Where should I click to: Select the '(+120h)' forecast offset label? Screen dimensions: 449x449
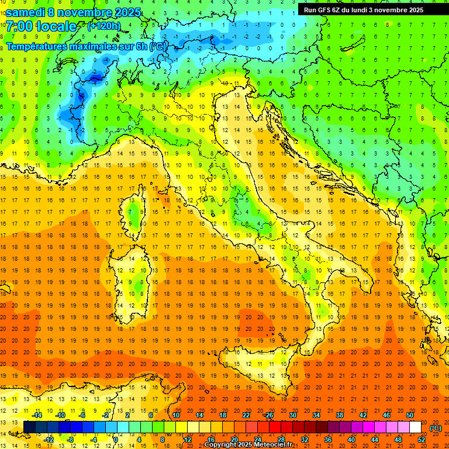tap(105, 26)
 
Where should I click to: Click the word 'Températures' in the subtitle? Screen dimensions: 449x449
tap(36, 46)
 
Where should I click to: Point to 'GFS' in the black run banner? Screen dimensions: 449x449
tap(325, 9)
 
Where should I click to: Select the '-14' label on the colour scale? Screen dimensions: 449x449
tap(37, 415)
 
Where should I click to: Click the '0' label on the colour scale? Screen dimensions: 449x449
tap(116, 440)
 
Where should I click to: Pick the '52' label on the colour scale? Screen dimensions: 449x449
tap(422, 440)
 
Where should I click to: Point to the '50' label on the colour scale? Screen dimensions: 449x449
tap(410, 415)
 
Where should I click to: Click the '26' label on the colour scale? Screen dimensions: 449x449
tap(269, 415)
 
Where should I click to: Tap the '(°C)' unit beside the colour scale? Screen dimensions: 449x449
tap(436, 427)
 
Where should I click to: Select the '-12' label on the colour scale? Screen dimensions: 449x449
tap(49, 440)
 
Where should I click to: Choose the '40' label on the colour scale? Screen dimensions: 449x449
tap(351, 440)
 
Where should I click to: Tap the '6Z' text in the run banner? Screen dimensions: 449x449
tap(337, 9)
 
